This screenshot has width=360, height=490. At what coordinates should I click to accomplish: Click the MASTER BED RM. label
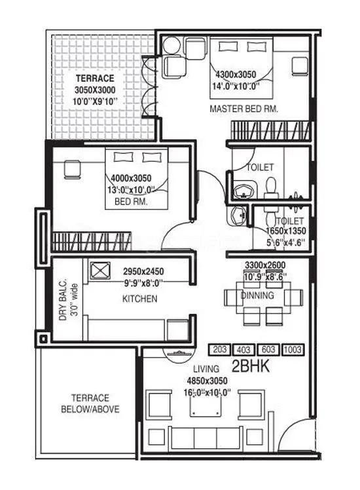243,109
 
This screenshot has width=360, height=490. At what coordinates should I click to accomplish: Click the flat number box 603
268,350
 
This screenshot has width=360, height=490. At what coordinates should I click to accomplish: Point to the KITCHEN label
140,299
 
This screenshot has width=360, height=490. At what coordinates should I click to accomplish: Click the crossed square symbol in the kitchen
100,270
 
